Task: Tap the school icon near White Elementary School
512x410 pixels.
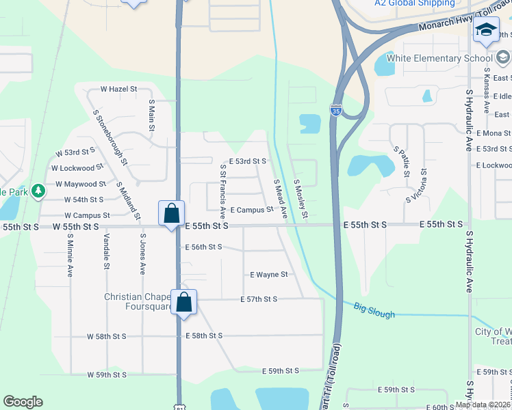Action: (x=486, y=31)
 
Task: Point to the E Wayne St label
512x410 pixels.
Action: (x=268, y=275)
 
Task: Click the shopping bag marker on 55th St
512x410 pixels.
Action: (x=170, y=213)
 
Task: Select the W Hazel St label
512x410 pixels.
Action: (x=118, y=89)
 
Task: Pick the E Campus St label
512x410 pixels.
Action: (x=252, y=210)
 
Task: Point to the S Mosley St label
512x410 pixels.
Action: (x=300, y=200)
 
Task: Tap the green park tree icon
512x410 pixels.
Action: (x=38, y=189)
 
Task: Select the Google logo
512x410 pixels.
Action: (x=23, y=402)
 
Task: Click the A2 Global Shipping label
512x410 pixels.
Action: (x=414, y=3)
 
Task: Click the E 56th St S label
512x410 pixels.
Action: (x=203, y=247)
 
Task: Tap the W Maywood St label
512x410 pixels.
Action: (x=81, y=184)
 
